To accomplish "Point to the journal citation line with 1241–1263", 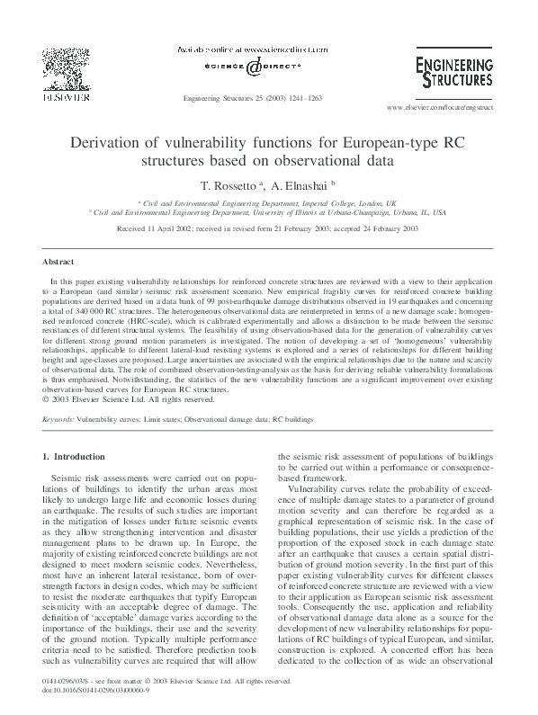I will pos(252,97).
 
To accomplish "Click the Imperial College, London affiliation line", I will pos(268,204).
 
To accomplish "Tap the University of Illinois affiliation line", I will pos(268,214).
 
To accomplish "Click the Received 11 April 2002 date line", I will pos(268,229).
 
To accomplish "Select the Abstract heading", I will pos(58,262).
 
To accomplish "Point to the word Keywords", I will pos(58,420).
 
